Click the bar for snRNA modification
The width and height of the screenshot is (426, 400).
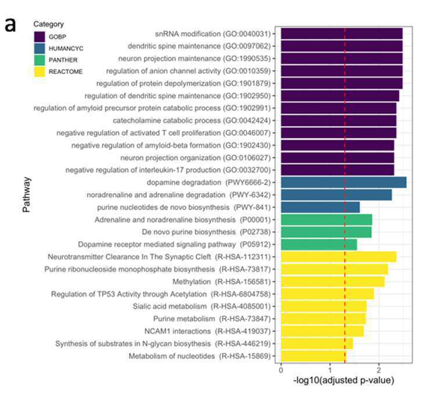(342, 34)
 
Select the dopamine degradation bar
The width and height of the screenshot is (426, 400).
(343, 183)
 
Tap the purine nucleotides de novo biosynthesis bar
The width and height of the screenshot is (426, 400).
(320, 208)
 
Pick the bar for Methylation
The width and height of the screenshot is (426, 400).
(333, 281)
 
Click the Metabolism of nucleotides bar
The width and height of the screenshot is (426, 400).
(313, 356)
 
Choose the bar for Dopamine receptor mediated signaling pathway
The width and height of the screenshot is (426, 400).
(319, 245)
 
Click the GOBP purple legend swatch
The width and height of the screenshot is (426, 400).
(40, 37)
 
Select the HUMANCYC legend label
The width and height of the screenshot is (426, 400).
(66, 49)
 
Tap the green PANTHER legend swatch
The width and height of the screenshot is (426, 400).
(40, 60)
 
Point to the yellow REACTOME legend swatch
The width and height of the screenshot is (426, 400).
(40, 72)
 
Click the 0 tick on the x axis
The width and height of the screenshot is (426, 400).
(281, 370)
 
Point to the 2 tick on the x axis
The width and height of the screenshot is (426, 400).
(379, 370)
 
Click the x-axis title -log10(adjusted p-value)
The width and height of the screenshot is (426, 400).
(343, 380)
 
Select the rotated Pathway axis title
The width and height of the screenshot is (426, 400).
(27, 195)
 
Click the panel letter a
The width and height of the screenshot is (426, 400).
(10, 25)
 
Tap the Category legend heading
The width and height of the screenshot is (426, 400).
(49, 24)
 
